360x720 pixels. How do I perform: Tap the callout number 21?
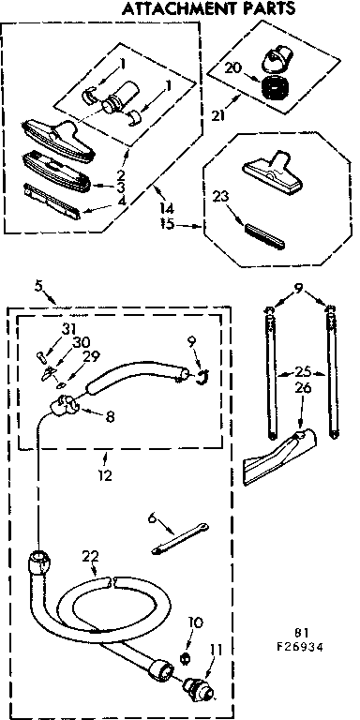point(218,114)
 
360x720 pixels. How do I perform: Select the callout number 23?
point(220,197)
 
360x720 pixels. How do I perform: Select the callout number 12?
point(104,474)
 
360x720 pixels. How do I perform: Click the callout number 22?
point(89,555)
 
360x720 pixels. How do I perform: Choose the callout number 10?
point(195,622)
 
